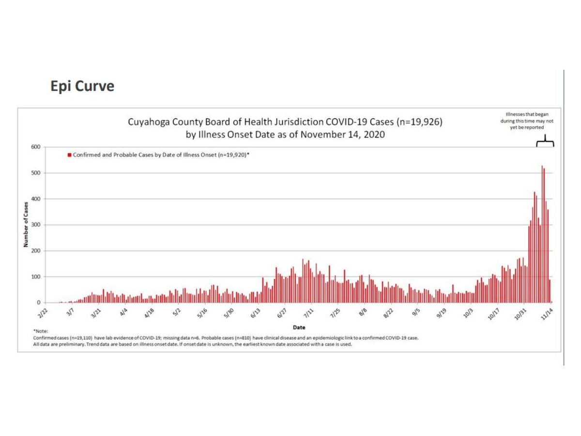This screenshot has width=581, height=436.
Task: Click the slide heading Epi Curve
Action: (82, 86)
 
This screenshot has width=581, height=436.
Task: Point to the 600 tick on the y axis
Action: (35, 147)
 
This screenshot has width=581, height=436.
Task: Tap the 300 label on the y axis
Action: (35, 225)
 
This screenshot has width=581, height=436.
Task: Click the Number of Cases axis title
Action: (26, 224)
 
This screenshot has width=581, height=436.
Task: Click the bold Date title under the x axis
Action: (299, 327)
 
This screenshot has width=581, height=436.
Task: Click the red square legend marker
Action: (69, 155)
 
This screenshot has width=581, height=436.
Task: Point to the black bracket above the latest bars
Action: (546, 141)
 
